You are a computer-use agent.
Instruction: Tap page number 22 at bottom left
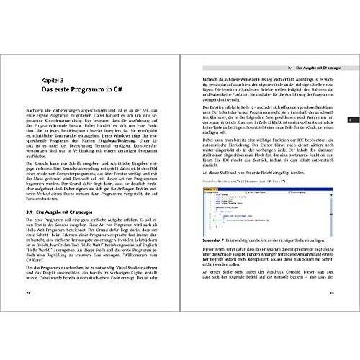27,333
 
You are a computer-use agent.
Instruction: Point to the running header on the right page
302,66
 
